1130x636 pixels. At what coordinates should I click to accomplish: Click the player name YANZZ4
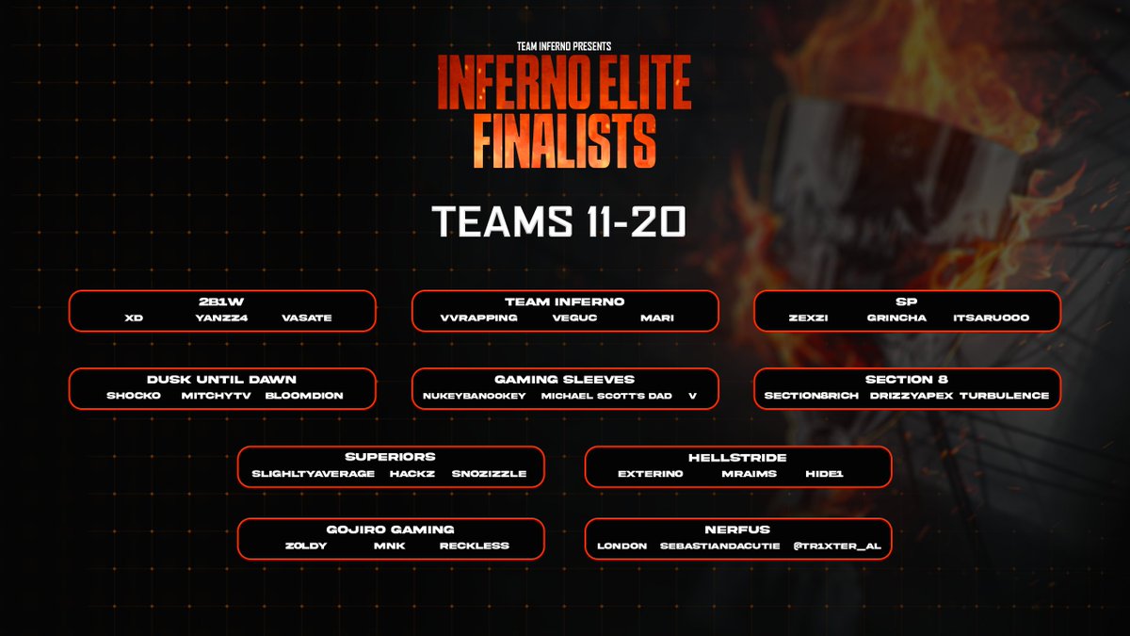pos(213,318)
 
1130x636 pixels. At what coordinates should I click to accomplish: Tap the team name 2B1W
pos(221,302)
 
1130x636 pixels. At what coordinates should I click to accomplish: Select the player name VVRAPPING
pos(478,318)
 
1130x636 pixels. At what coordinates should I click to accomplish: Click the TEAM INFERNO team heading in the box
pos(565,302)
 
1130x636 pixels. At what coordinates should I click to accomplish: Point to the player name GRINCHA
pos(896,318)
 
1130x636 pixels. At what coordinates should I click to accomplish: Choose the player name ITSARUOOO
pos(992,318)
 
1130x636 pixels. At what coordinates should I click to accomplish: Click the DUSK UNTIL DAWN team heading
pos(221,379)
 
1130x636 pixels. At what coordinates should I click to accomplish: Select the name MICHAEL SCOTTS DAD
pos(606,396)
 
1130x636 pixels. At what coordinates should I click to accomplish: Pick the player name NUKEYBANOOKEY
pos(468,396)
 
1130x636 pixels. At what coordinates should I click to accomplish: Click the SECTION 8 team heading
pos(907,379)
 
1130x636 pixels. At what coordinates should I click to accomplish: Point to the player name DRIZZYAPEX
pos(909,396)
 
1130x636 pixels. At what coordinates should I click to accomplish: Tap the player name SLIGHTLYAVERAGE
pos(314,474)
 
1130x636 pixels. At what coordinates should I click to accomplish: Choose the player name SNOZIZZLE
pos(489,474)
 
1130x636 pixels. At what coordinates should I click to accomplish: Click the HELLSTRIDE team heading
pos(737,457)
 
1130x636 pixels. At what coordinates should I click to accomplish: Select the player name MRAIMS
pos(750,474)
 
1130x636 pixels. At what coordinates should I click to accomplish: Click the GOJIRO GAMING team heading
pos(390,530)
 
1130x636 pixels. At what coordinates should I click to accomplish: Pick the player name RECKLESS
pos(474,546)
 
